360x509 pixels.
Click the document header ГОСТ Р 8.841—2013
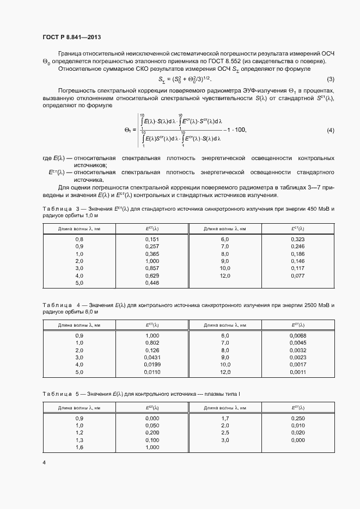71,37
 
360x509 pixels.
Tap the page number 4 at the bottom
44,463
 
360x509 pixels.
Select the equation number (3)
331,79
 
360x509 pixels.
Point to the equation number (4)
331,131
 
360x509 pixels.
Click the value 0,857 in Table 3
152,268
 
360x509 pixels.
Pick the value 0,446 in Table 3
152,283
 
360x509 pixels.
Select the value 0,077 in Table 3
297,276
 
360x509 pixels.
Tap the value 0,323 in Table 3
297,239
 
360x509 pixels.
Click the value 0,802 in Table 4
152,343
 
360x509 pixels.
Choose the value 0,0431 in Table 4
152,358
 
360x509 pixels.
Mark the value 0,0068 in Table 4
297,335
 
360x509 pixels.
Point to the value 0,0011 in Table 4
297,372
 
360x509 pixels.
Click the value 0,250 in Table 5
297,418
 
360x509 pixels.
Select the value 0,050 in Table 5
152,425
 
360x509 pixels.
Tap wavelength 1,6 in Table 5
79,447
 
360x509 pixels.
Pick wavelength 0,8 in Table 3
79,239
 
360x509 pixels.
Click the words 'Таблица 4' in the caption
60,304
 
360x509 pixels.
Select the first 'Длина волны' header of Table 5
79,407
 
